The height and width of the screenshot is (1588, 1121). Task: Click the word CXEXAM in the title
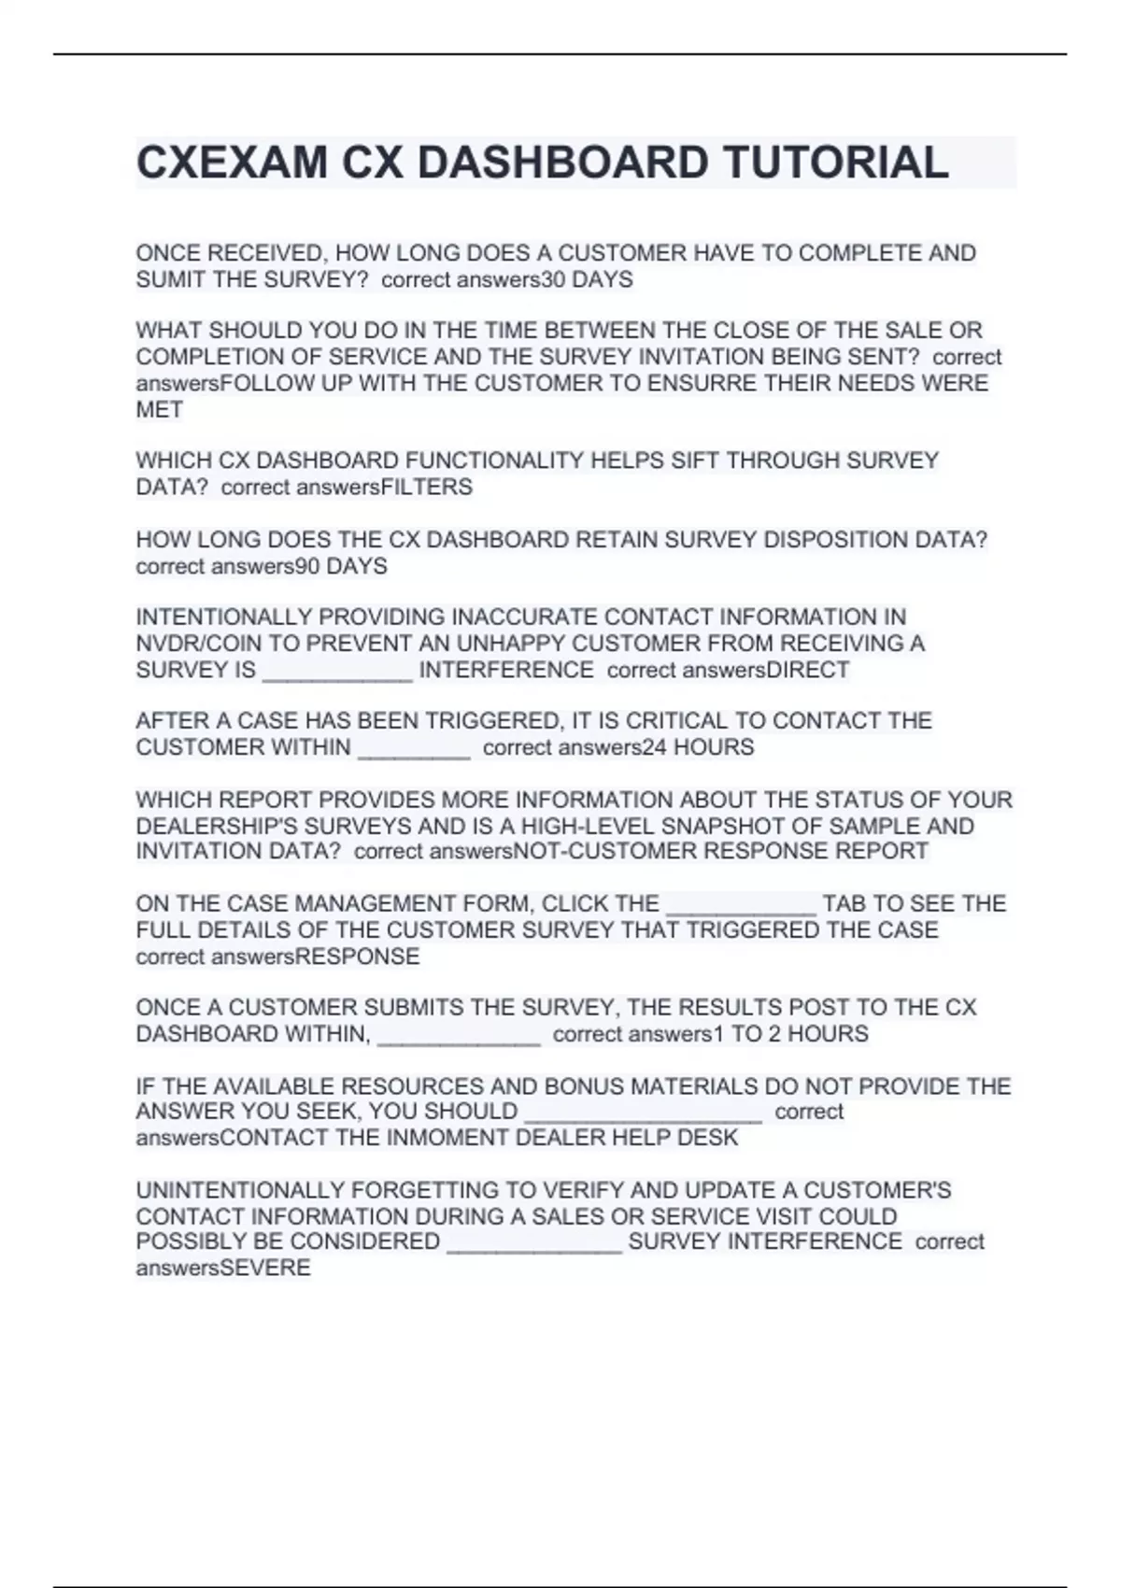[232, 163]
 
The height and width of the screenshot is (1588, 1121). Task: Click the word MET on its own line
[159, 409]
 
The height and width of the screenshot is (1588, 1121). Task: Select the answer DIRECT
[807, 670]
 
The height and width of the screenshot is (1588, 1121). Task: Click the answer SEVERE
[265, 1268]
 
